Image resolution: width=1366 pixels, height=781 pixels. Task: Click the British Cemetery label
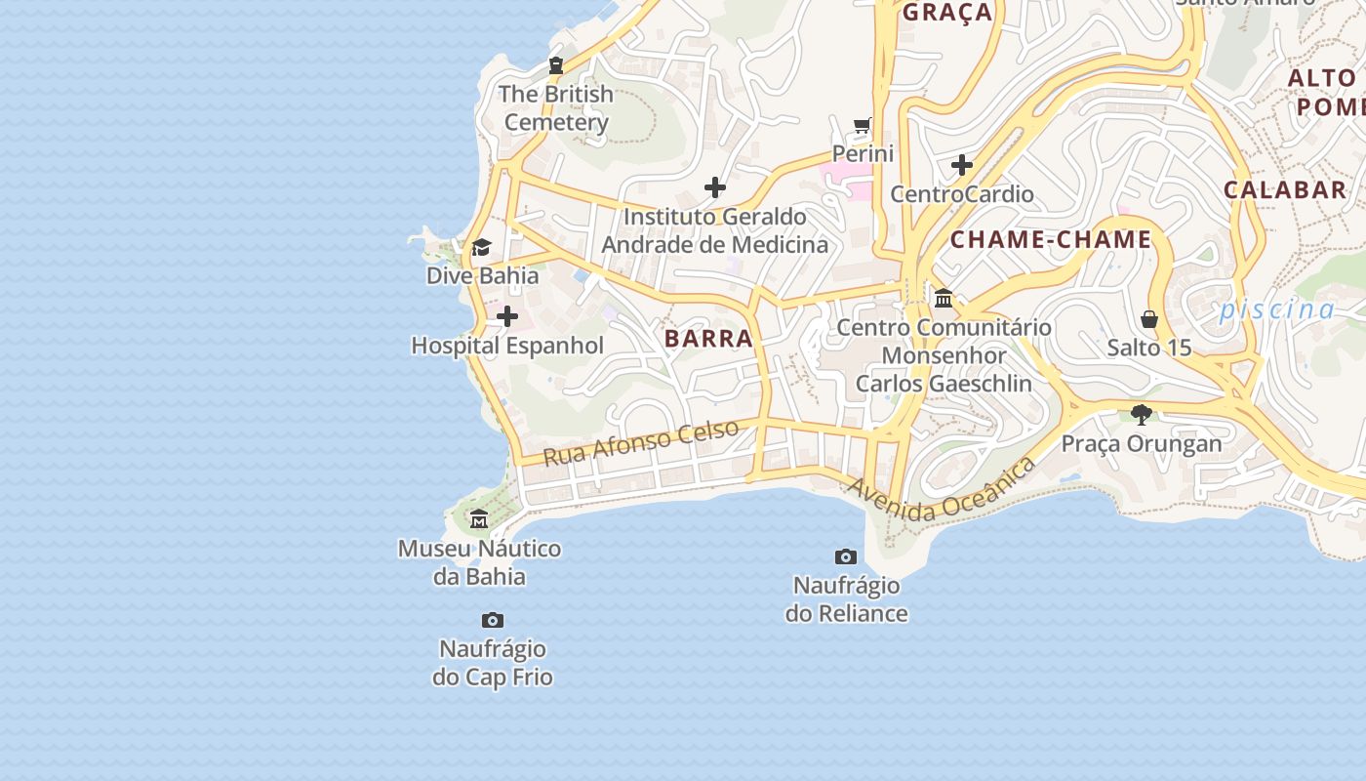tap(556, 108)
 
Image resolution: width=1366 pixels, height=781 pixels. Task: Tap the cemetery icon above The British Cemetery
tap(556, 65)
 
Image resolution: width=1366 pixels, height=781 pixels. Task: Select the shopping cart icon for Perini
tap(863, 125)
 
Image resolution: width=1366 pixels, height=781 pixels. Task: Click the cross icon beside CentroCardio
tap(962, 165)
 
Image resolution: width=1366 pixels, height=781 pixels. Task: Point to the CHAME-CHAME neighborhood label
tap(1051, 240)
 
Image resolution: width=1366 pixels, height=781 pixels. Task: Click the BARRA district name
tap(708, 339)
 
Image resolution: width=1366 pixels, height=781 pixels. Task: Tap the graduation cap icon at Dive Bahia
tap(481, 247)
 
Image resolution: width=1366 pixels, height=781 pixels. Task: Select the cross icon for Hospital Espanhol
tap(507, 316)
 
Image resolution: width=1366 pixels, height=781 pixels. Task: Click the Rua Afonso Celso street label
tap(640, 442)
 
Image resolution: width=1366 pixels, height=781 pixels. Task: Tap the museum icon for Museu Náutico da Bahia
tap(479, 519)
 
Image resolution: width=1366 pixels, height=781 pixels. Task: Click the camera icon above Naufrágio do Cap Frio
tap(493, 620)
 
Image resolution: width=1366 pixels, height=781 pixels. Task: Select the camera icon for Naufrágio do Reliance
tap(846, 556)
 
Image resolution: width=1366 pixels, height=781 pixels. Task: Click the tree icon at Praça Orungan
tap(1142, 415)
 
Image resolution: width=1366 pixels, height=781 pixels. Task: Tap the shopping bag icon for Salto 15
tap(1149, 319)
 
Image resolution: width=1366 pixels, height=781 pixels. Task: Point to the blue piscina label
tap(1276, 310)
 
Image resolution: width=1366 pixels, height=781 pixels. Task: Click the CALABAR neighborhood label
tap(1285, 190)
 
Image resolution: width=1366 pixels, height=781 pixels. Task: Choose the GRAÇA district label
tap(946, 13)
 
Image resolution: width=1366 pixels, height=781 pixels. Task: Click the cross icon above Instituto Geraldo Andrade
tap(715, 187)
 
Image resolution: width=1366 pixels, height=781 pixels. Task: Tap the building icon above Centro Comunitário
tap(944, 298)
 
